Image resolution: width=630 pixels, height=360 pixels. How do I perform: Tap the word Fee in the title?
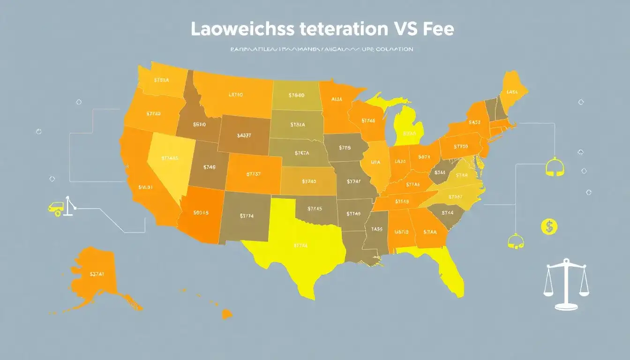[x=437, y=29]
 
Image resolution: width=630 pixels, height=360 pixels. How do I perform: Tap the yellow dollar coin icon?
[x=548, y=227]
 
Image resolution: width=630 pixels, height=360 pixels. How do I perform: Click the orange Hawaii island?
[x=227, y=314]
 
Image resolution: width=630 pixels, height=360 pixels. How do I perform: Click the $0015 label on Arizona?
[x=201, y=212]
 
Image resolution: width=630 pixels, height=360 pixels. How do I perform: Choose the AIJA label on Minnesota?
[x=337, y=99]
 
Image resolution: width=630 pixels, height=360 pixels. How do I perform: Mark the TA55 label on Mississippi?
[x=377, y=229]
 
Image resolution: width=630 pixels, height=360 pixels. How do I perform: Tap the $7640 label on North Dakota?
[x=296, y=96]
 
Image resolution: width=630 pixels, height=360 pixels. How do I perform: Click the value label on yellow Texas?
[x=301, y=245]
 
